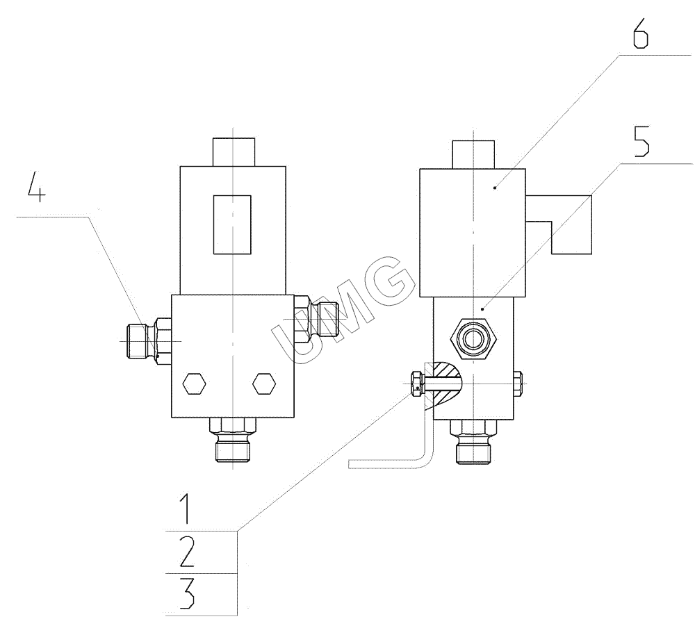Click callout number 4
coord(36,187)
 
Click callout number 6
coord(641,33)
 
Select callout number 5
coord(641,141)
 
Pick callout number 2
coord(187,552)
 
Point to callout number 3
coord(187,594)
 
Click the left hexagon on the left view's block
coord(194,384)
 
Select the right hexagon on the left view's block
coord(264,384)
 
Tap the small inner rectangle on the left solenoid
coord(232,224)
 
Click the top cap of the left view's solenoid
coord(234,152)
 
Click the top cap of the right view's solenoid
coord(473,155)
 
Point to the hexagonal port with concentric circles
coord(473,339)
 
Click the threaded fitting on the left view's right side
coord(316,319)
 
